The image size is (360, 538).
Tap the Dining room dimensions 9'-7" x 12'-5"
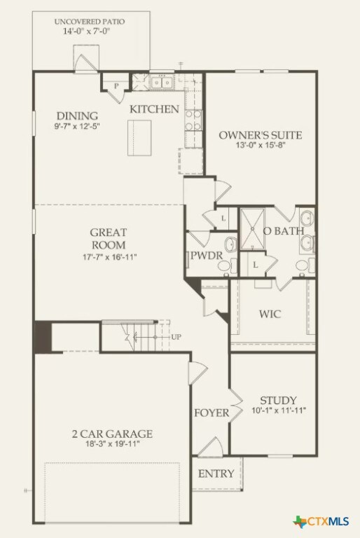pyautogui.click(x=77, y=127)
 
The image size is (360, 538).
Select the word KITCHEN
pyautogui.click(x=154, y=109)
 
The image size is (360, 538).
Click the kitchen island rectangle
pyautogui.click(x=140, y=137)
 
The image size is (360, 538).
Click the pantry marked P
pyautogui.click(x=116, y=85)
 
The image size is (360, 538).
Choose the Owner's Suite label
pyautogui.click(x=260, y=134)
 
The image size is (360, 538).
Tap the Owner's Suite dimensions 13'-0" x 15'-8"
pyautogui.click(x=260, y=146)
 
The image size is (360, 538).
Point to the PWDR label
pyautogui.click(x=207, y=256)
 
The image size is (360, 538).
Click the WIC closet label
pyautogui.click(x=270, y=314)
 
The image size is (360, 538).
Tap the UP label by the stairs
pyautogui.click(x=177, y=337)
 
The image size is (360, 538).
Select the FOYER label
pyautogui.click(x=212, y=413)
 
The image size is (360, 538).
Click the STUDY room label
pyautogui.click(x=278, y=400)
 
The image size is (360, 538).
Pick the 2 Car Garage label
pyautogui.click(x=111, y=434)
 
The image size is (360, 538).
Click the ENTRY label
pyautogui.click(x=216, y=474)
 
